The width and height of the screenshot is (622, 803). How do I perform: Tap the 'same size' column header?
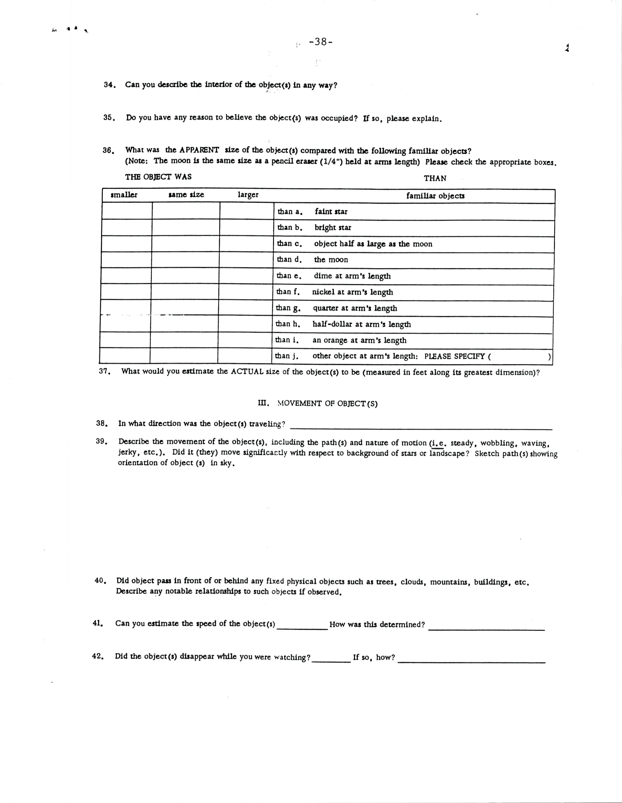186,195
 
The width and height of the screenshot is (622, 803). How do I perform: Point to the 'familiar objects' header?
435,196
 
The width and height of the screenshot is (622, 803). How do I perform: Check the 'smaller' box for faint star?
127,211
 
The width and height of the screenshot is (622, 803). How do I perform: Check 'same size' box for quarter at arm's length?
185,308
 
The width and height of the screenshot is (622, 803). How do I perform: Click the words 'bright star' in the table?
333,228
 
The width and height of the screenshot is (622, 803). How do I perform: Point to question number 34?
109,85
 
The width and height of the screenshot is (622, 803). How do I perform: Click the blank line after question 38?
421,428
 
